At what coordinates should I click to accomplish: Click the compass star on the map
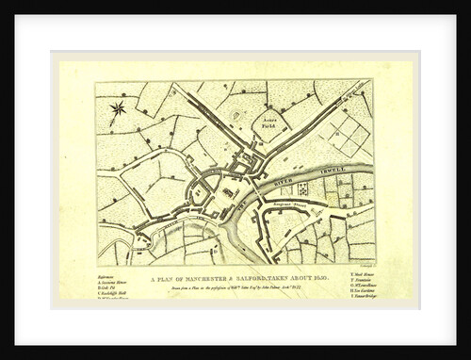(x=117, y=109)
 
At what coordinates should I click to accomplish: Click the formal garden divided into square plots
(x=348, y=137)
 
